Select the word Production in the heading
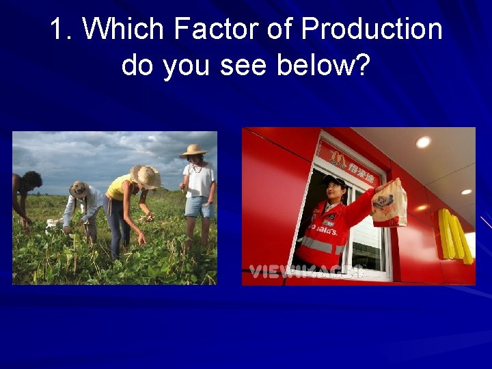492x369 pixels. tap(372, 30)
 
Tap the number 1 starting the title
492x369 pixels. tap(57, 30)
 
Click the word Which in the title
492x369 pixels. tap(126, 30)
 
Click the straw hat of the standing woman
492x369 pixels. tap(194, 151)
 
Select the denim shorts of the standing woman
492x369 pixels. tap(198, 206)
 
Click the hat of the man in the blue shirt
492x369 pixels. tap(80, 189)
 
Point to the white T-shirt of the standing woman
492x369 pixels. tap(200, 179)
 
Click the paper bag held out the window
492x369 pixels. tap(389, 203)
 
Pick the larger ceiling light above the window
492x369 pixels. tap(424, 142)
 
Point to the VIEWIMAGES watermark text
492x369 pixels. tap(305, 272)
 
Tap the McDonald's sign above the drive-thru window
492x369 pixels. tap(348, 160)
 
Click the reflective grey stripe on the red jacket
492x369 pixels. tap(317, 245)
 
